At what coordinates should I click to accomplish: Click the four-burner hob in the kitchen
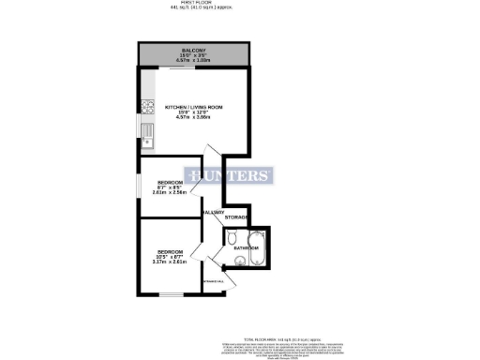(146, 106)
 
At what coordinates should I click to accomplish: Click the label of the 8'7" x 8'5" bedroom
(171, 183)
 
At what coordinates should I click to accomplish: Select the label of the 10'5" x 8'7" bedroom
(170, 252)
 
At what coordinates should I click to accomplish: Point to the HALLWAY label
(213, 213)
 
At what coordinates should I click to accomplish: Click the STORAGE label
(236, 217)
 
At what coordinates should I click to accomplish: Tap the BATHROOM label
(247, 249)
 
